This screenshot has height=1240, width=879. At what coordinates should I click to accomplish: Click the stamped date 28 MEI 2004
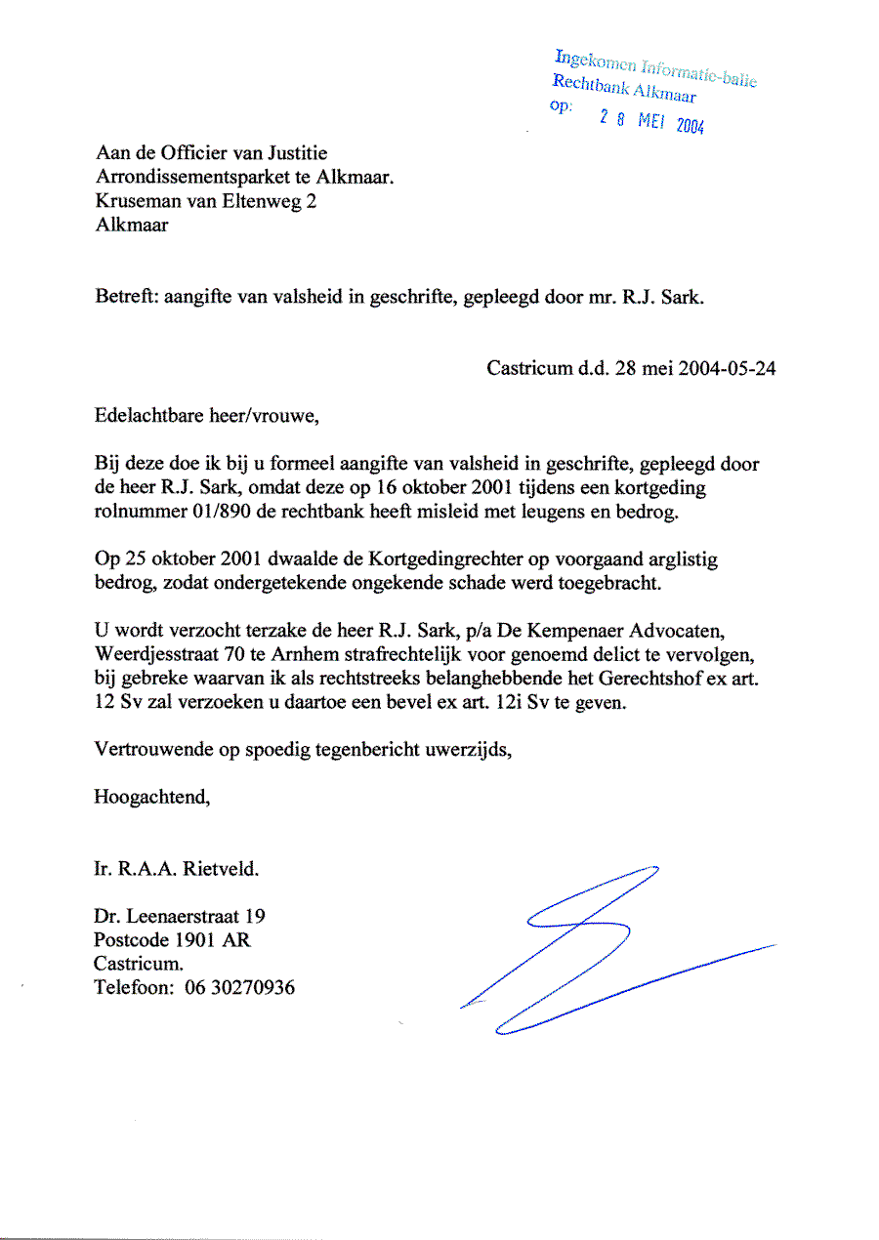(651, 122)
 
